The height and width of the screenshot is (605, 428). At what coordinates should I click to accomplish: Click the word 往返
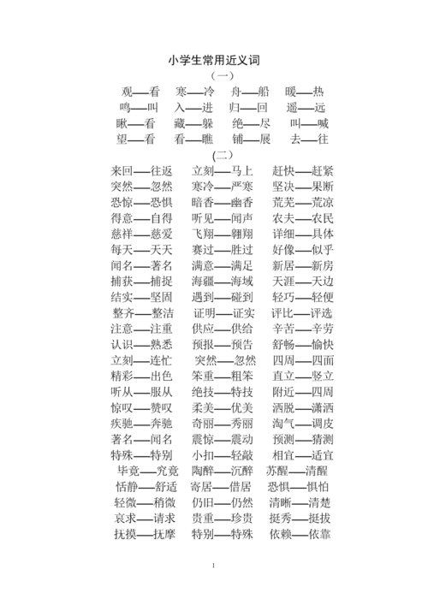click(162, 171)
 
